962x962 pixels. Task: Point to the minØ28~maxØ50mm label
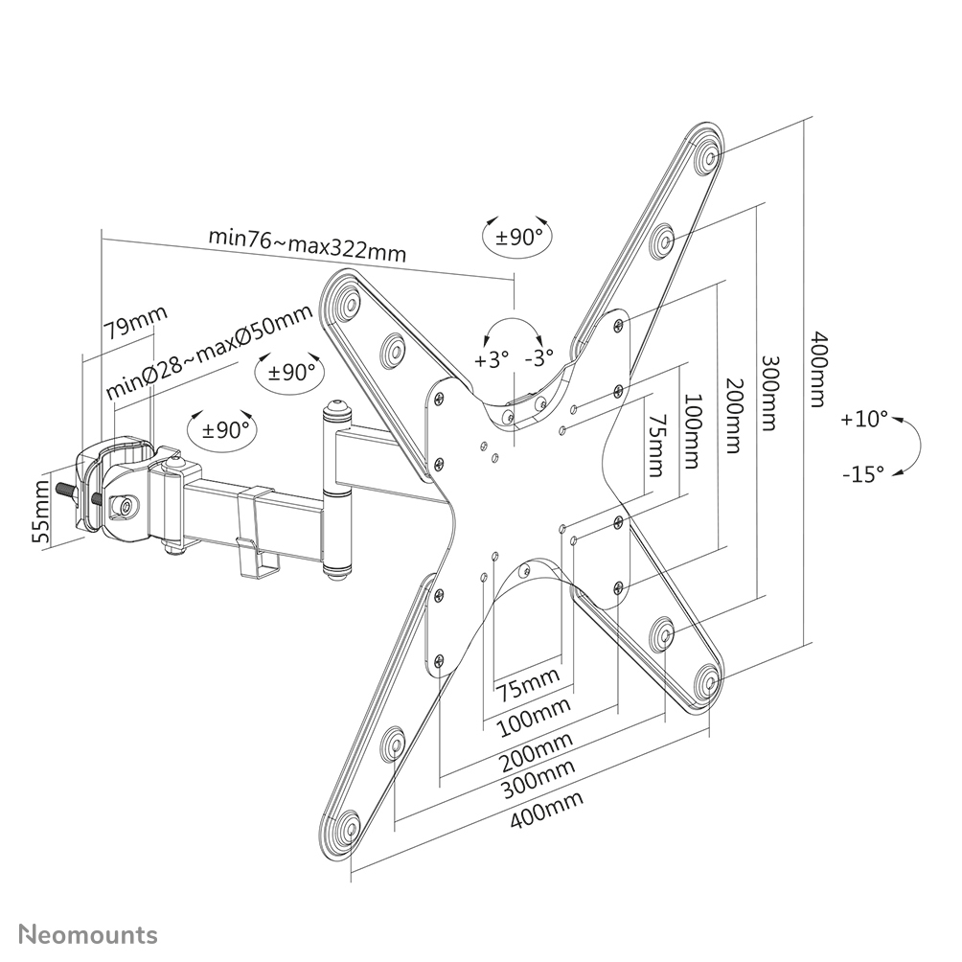click(209, 354)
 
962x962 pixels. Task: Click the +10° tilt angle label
click(866, 420)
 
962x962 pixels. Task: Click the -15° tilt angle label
click(864, 472)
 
